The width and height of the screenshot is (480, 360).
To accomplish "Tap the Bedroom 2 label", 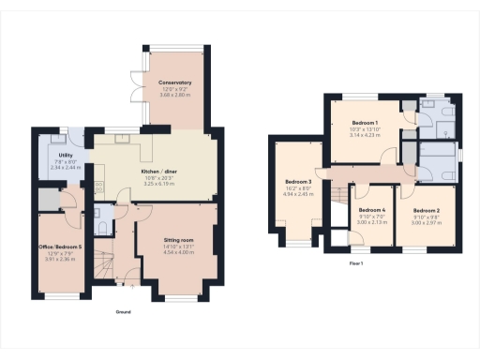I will click(426, 211).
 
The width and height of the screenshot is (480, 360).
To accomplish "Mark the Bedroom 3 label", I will click(298, 182).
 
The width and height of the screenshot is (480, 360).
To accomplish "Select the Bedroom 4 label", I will click(372, 211).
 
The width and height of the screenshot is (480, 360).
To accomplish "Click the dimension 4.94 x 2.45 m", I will click(298, 194).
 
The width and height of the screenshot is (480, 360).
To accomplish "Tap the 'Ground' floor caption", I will click(123, 311).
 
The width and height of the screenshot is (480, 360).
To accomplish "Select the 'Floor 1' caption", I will click(355, 264).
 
